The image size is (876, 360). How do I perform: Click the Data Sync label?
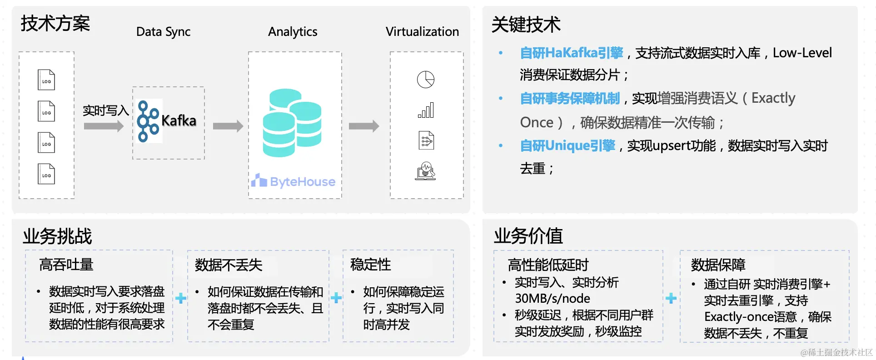(163, 32)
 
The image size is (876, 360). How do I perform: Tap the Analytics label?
(293, 32)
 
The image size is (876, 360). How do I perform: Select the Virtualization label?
(422, 32)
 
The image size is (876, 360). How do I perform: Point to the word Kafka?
(179, 121)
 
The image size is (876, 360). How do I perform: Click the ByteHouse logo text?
(302, 182)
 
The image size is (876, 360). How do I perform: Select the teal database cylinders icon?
(292, 123)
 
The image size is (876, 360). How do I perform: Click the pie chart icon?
(426, 80)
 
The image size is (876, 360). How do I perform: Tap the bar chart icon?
(426, 110)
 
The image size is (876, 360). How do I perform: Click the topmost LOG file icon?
(46, 80)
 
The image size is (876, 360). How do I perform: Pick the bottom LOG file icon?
(46, 174)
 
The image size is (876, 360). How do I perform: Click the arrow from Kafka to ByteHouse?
(228, 126)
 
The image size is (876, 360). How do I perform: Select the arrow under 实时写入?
(104, 126)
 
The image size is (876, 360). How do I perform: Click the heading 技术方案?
(55, 24)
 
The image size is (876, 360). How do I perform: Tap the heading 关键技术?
(526, 25)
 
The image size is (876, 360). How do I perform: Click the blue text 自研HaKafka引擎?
(572, 53)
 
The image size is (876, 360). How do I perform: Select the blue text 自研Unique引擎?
(567, 146)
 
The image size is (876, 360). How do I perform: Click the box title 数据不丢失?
(229, 265)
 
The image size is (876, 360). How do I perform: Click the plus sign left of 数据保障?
(671, 299)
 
